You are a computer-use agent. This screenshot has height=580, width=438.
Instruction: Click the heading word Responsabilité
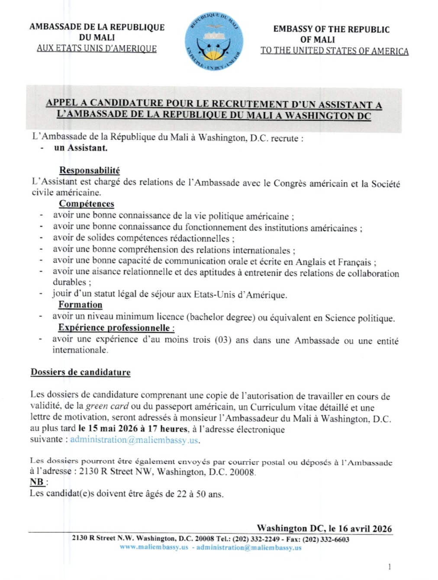point(90,171)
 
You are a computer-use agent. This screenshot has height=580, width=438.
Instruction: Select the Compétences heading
point(87,204)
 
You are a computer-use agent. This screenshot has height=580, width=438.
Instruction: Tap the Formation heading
point(81,305)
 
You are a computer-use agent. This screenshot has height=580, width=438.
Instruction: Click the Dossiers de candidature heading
point(81,372)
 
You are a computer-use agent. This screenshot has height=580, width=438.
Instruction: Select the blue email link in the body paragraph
point(134,440)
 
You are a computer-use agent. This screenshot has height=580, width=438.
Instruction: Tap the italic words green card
point(107,406)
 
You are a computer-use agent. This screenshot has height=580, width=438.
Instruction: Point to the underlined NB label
point(37,482)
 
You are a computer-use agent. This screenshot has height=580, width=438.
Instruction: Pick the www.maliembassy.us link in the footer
point(154,548)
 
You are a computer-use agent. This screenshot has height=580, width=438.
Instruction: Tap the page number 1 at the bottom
point(390,567)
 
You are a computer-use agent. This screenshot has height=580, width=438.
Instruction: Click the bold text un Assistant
point(81,148)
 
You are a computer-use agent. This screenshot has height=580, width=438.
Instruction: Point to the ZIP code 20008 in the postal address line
point(242,472)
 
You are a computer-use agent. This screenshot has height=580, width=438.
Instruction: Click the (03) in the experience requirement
point(223,340)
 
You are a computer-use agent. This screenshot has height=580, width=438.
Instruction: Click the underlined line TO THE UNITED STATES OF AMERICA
point(334,51)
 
